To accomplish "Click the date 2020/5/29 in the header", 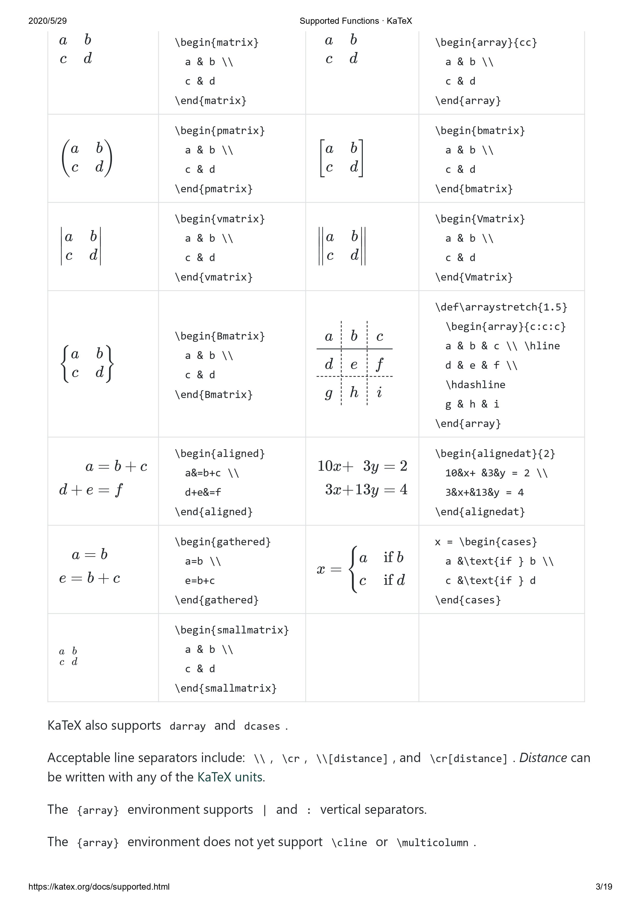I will point(47,21).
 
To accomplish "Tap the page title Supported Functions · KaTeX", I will point(356,21).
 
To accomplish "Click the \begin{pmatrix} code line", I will point(220,131).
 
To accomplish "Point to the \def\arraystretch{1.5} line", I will point(501,307).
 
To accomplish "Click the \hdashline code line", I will point(476,385).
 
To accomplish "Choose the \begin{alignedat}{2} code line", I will point(495,454).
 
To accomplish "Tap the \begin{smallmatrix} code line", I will point(232,630).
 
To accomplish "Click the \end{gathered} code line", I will point(217,600).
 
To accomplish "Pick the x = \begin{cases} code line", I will point(486,542).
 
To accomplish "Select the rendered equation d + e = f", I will point(91,490).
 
